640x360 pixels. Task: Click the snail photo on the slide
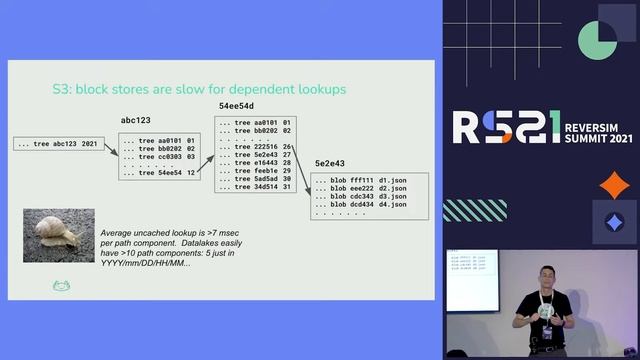[58, 235]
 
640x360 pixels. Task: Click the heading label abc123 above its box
[135, 119]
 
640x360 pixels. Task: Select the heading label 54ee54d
[236, 106]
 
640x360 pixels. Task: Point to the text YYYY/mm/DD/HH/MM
[146, 262]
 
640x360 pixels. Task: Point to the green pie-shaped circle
[596, 39]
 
